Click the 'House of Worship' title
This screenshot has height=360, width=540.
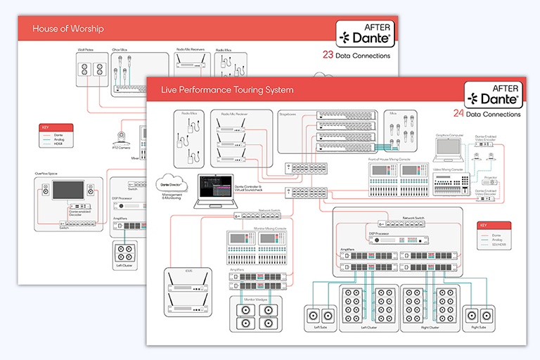tap(68, 29)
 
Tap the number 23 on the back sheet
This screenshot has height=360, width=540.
tap(327, 54)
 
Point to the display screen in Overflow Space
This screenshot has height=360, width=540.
tap(67, 191)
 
